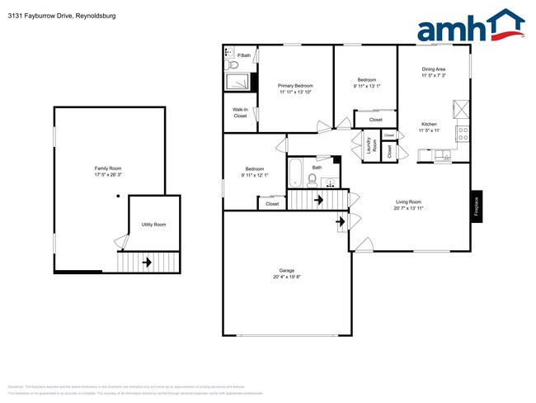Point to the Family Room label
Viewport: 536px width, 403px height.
[108, 168]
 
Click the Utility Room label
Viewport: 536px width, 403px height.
[153, 225]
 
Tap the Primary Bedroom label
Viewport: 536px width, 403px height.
[294, 85]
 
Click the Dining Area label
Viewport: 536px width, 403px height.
[434, 69]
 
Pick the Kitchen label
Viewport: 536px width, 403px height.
[429, 124]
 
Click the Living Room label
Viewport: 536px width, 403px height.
[408, 201]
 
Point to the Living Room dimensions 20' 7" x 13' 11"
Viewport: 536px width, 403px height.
[408, 208]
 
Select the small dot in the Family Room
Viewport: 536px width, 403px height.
[118, 196]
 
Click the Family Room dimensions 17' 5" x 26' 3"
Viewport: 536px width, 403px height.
[108, 175]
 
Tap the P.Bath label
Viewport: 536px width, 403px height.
[244, 55]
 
